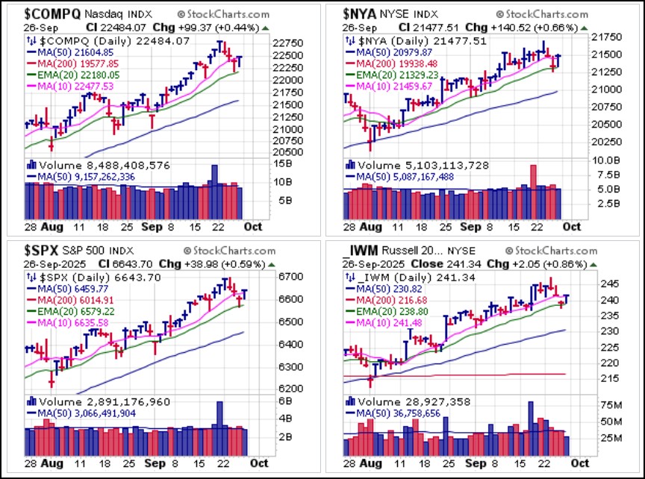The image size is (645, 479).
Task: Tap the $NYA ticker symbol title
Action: coord(361,13)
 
